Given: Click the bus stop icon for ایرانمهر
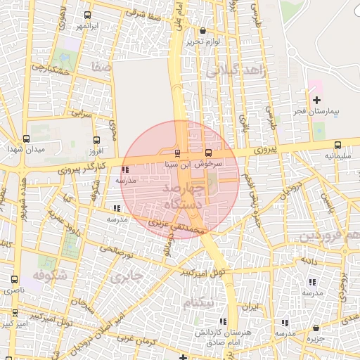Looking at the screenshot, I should pyautogui.click(x=87, y=15).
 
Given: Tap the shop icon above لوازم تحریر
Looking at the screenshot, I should pyautogui.click(x=203, y=31).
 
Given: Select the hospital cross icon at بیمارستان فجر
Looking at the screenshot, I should pyautogui.click(x=316, y=100).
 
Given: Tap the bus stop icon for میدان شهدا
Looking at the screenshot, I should pyautogui.click(x=26, y=139).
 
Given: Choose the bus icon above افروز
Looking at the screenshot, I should pyautogui.click(x=96, y=139).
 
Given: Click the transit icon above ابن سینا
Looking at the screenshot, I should pyautogui.click(x=176, y=153).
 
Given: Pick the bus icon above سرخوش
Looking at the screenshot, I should pyautogui.click(x=208, y=152).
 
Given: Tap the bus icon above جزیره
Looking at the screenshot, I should pyautogui.click(x=318, y=328).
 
